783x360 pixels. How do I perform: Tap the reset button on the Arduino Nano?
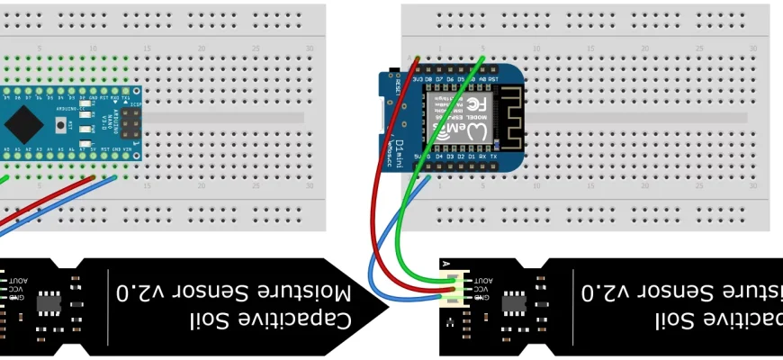[62, 124]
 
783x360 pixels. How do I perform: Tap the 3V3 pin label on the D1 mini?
[417, 79]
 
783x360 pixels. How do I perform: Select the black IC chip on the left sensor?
[49, 305]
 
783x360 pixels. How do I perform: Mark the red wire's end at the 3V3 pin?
[416, 60]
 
